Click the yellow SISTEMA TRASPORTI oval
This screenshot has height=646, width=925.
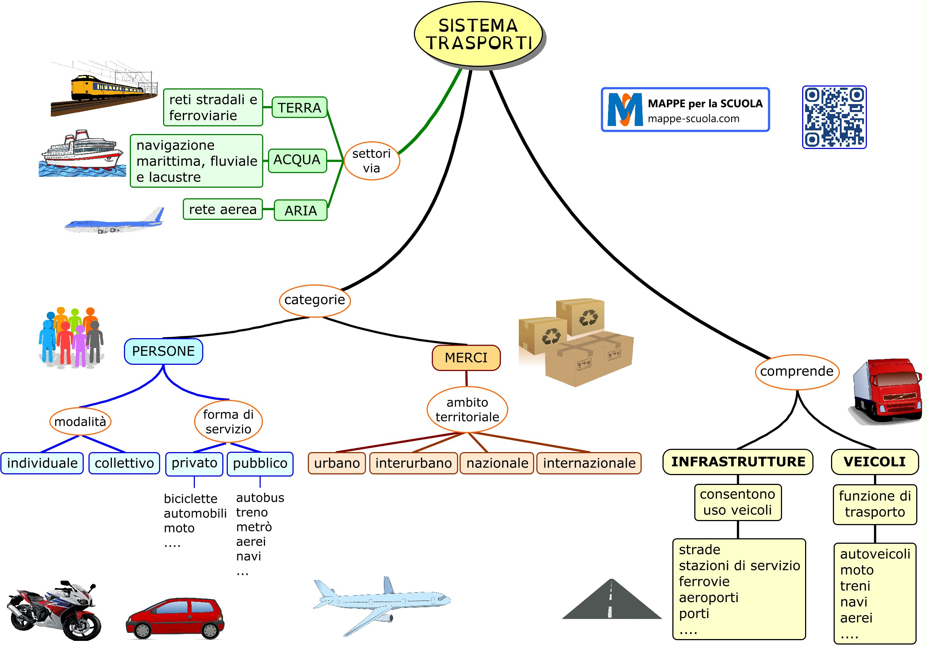478,34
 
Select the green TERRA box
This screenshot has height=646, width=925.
299,107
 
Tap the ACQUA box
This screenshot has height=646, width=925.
297,160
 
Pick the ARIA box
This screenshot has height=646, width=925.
301,210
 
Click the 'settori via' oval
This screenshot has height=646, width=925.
371,161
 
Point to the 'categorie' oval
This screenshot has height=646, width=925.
315,300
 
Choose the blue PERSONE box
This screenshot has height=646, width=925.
163,351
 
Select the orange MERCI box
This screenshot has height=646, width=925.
466,358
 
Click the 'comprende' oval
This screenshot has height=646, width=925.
796,371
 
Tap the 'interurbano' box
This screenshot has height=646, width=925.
414,463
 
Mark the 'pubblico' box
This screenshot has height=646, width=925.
260,464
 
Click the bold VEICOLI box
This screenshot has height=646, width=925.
875,462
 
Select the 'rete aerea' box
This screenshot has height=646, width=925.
223,209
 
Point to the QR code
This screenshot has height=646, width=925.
834,117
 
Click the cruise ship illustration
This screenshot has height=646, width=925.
83,154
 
